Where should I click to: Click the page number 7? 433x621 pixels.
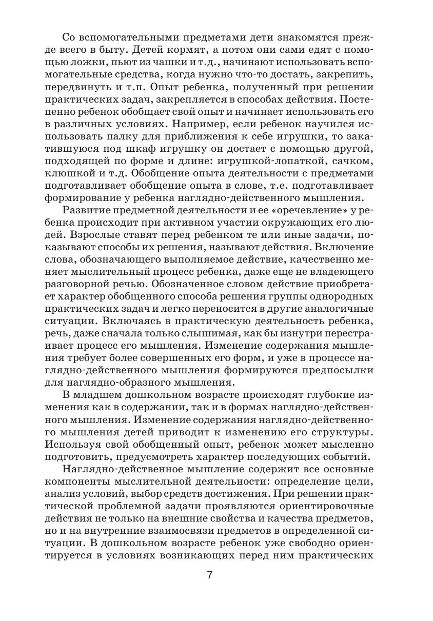(x=210, y=575)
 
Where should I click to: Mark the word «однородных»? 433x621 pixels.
(x=342, y=297)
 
